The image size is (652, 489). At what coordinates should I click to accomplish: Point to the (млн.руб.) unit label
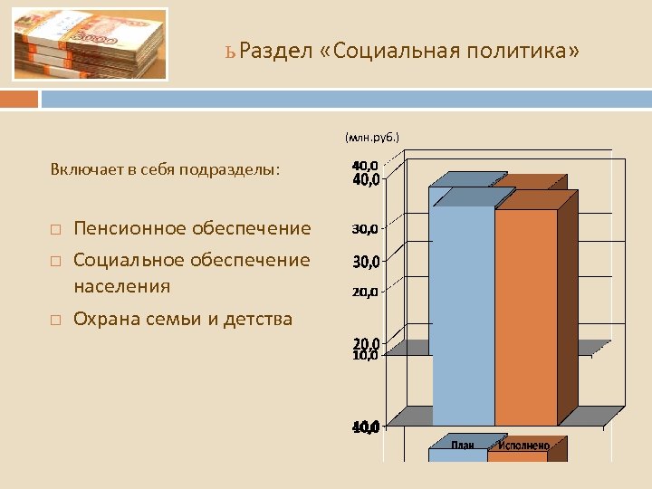coord(371,138)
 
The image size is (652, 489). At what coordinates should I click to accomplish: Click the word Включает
coord(82,169)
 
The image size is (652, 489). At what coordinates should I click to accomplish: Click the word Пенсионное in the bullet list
coord(131,228)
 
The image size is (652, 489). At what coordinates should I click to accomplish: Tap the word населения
coord(121,286)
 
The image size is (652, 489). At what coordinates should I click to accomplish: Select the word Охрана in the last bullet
coord(104,318)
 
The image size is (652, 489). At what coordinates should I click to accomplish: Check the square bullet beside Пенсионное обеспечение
coord(55,229)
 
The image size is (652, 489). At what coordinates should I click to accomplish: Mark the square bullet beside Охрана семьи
coord(55,319)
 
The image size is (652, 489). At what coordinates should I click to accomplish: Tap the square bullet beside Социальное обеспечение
coord(55,261)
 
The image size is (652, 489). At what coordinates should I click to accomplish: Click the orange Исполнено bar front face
coord(525,317)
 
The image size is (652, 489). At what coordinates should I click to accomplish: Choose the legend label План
coord(463,444)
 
